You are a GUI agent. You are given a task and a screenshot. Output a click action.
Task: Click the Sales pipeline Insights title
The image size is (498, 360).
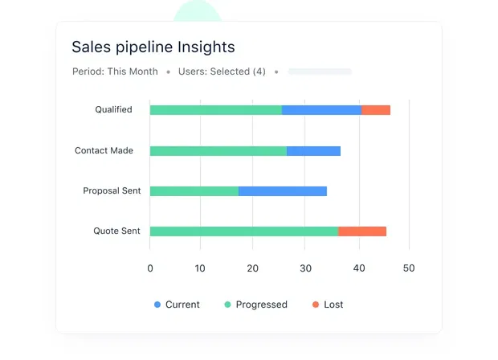click(153, 47)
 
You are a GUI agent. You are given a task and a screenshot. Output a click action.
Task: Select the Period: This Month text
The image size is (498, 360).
click(115, 72)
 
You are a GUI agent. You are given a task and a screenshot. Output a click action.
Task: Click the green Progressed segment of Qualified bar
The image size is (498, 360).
click(215, 110)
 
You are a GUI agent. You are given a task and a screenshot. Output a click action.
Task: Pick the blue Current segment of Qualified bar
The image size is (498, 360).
click(321, 110)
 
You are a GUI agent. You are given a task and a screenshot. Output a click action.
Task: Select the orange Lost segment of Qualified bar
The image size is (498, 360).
click(375, 110)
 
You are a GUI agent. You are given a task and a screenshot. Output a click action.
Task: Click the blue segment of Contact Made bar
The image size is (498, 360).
click(313, 151)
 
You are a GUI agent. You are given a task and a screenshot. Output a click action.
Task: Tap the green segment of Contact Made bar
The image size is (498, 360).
click(218, 151)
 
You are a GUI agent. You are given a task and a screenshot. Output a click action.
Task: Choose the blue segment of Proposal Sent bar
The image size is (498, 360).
click(282, 191)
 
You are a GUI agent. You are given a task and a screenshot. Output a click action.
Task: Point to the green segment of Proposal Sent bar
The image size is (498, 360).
click(194, 191)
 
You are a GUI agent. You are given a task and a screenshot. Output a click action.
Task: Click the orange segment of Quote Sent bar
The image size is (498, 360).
click(362, 231)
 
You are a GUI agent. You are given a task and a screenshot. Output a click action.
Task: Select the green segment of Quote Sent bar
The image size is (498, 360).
click(243, 231)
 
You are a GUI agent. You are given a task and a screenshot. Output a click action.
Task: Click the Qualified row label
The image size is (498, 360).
click(113, 110)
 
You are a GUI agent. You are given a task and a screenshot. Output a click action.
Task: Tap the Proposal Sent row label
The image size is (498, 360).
click(112, 191)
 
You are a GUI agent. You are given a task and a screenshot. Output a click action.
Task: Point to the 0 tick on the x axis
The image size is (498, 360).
click(150, 268)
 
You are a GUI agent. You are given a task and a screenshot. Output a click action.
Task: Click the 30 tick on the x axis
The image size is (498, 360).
click(305, 268)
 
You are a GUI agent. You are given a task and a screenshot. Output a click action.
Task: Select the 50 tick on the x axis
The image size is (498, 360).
click(409, 268)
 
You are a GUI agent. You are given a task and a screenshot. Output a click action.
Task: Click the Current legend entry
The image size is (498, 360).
click(177, 305)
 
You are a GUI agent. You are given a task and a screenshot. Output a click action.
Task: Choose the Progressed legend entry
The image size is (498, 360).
click(255, 305)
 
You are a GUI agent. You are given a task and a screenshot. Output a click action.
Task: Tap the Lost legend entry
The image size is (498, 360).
click(328, 305)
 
